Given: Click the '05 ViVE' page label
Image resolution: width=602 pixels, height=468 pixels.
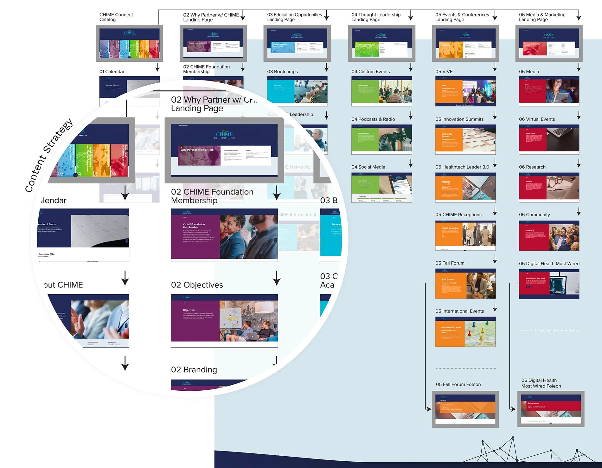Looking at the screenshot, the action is [x=444, y=72].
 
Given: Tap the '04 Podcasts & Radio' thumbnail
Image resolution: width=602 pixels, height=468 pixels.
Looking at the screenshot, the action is [x=381, y=139].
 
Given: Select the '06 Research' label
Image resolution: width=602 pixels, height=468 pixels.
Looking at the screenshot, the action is [x=532, y=167].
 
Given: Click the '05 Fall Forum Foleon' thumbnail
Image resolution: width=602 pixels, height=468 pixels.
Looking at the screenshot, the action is [x=465, y=409].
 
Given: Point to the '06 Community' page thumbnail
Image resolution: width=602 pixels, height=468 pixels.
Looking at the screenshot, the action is [x=549, y=236].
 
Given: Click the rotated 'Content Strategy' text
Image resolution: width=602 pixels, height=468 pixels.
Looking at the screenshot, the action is [x=49, y=155].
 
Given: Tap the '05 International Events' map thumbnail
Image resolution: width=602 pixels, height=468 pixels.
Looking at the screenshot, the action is [x=465, y=332].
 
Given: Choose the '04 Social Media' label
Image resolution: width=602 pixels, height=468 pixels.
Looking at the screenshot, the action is [x=368, y=167].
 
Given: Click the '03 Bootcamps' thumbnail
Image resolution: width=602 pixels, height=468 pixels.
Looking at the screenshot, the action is [x=297, y=91].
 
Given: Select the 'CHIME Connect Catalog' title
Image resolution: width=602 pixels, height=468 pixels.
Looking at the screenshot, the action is [x=116, y=17].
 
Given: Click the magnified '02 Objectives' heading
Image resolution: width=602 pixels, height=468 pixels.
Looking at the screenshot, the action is [x=197, y=285].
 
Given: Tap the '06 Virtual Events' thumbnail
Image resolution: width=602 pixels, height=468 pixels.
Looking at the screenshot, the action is [x=549, y=139].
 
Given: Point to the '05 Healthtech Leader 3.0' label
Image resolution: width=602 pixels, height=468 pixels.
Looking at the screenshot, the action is [x=462, y=167].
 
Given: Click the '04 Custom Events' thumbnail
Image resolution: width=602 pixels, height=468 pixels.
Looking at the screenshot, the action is [x=381, y=91].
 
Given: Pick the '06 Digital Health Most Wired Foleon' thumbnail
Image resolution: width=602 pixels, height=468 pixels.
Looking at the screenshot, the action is [x=551, y=409].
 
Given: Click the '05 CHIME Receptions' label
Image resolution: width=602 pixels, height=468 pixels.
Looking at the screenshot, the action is [x=458, y=215].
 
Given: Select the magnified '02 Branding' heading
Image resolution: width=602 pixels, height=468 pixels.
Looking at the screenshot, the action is [x=194, y=370].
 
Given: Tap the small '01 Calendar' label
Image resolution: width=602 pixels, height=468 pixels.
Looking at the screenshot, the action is [x=112, y=72].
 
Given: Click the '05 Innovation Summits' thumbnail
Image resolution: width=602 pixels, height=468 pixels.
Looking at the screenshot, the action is [x=465, y=139].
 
